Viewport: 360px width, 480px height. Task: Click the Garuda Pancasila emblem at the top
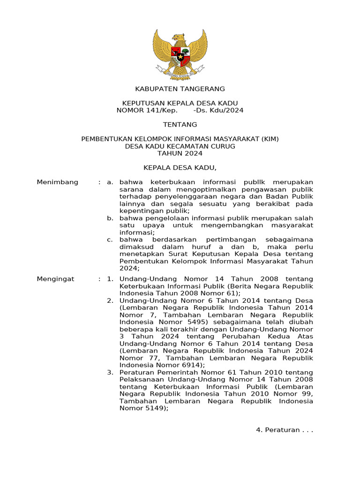click(180, 53)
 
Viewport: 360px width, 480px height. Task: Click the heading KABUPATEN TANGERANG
click(180, 89)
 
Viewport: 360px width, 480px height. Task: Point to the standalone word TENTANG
click(180, 125)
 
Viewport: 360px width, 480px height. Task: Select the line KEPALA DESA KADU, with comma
click(180, 168)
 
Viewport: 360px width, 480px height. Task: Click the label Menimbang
click(57, 182)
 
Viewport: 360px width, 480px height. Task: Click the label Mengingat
click(55, 279)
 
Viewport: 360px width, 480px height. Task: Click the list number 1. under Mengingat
click(110, 279)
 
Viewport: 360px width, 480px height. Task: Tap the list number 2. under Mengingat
click(110, 300)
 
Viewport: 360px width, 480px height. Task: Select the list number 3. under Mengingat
click(110, 373)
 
